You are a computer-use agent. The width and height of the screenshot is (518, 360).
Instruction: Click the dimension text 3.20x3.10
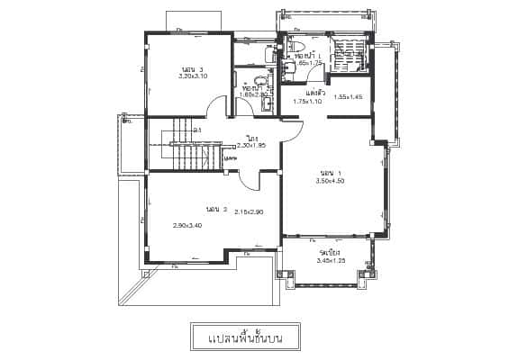pyautogui.click(x=194, y=76)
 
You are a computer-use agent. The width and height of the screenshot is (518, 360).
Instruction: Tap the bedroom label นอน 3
pyautogui.click(x=192, y=68)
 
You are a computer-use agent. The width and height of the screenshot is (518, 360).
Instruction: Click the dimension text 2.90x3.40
pyautogui.click(x=187, y=225)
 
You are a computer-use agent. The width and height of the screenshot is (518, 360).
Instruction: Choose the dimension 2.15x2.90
pyautogui.click(x=248, y=212)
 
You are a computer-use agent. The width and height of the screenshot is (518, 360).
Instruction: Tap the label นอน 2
pyautogui.click(x=214, y=209)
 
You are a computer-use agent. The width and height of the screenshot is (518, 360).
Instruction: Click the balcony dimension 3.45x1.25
pyautogui.click(x=332, y=261)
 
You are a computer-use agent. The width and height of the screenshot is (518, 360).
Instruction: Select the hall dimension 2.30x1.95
pyautogui.click(x=250, y=145)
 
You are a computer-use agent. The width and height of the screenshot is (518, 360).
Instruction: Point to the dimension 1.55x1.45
pyautogui.click(x=348, y=96)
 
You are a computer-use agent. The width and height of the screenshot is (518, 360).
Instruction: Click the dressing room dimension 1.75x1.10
pyautogui.click(x=308, y=102)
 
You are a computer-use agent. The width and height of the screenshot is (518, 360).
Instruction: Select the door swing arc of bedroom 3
pyautogui.click(x=216, y=106)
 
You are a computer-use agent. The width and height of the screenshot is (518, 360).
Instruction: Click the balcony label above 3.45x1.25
pyautogui.click(x=329, y=253)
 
